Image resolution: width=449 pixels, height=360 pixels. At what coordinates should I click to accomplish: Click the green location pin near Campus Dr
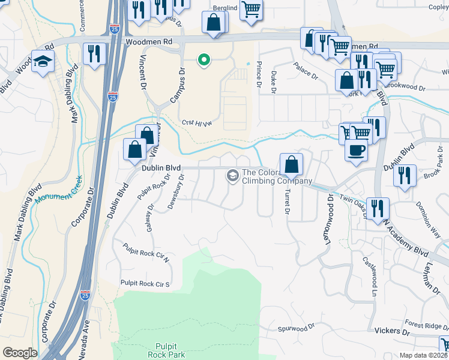coord(204,59)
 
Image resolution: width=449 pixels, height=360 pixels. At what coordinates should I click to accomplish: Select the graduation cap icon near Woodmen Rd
coord(43,62)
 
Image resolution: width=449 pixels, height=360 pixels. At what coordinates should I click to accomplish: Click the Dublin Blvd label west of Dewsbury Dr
coord(161,169)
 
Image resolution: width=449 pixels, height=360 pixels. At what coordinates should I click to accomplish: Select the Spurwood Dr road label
coord(296,328)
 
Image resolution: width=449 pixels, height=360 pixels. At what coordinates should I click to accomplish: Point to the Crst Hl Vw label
coord(197,123)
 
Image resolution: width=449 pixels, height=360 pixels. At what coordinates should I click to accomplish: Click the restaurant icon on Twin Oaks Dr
coord(378,208)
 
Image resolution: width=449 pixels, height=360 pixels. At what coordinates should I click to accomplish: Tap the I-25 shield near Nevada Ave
coord(86,296)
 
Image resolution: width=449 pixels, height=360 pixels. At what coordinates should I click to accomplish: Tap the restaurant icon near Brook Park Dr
coord(405,175)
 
